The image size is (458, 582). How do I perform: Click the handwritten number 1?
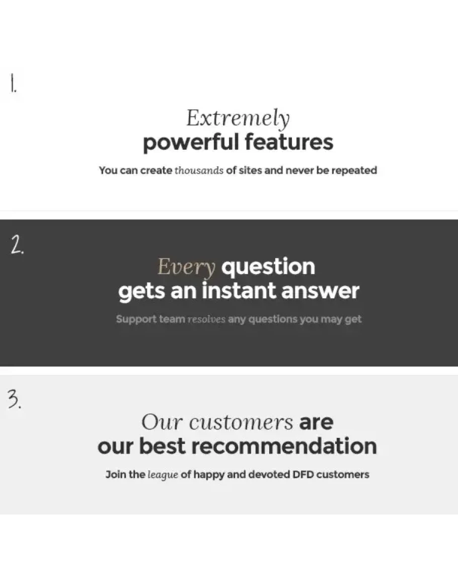click(13, 83)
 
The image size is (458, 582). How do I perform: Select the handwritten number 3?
click(15, 400)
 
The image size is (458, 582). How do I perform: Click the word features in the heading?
click(289, 142)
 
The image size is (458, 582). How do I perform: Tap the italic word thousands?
click(199, 170)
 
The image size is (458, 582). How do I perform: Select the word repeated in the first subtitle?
click(354, 171)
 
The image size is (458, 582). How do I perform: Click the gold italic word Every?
click(186, 267)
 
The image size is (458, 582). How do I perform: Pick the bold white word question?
click(268, 267)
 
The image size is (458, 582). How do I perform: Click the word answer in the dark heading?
click(321, 291)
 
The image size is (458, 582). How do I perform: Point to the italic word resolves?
click(206, 319)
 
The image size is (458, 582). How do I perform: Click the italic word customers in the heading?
click(241, 422)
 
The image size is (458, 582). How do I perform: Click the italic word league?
click(163, 475)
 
